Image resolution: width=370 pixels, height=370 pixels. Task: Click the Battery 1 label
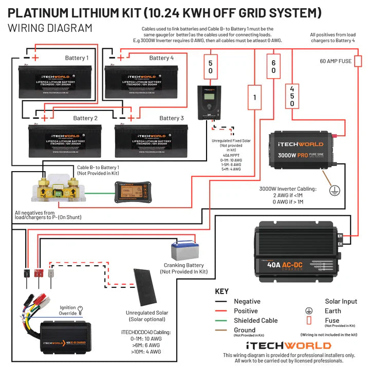pos(77,58)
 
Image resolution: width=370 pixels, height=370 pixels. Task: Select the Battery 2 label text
pos(85,118)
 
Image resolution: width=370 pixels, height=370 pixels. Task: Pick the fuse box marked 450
pos(292,96)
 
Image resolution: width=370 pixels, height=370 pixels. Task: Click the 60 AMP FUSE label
pos(336,61)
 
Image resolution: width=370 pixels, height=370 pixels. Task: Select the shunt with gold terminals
pos(62,187)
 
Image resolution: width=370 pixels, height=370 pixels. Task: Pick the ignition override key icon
pos(80,310)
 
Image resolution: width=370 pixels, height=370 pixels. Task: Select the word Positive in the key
pos(247,311)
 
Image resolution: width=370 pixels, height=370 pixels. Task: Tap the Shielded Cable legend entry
pos(255,321)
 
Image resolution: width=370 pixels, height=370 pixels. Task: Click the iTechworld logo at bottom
pos(288,345)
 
